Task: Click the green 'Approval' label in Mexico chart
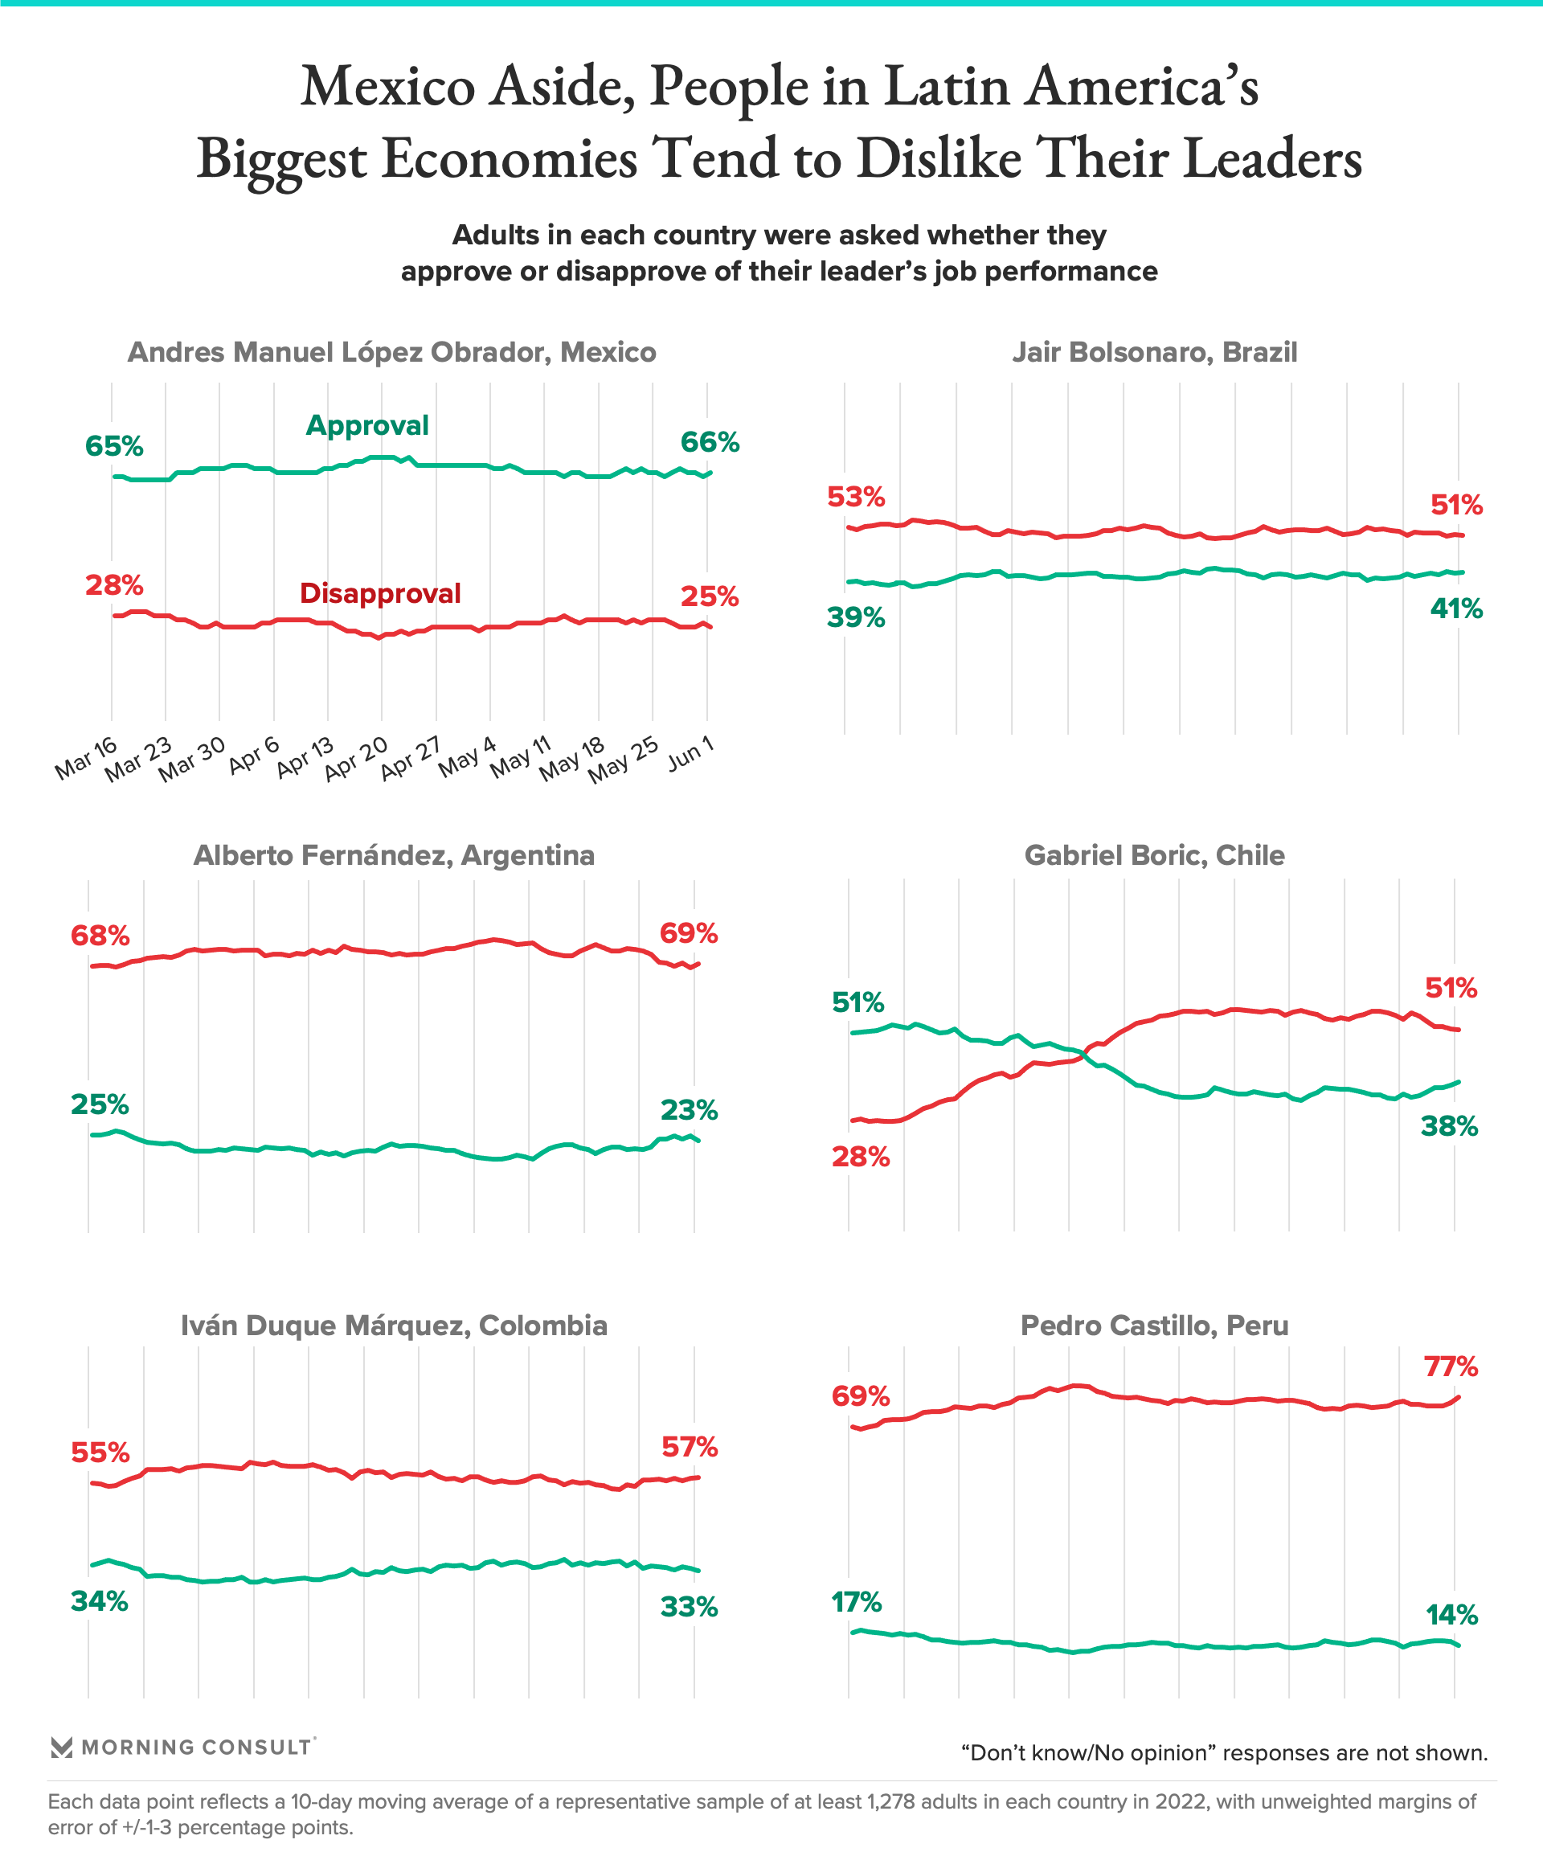[x=366, y=425]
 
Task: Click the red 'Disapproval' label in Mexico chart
[x=380, y=593]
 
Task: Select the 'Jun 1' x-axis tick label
[x=690, y=754]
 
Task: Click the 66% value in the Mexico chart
[x=709, y=442]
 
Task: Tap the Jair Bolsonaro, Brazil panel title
[x=1154, y=353]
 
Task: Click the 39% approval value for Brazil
[x=855, y=617]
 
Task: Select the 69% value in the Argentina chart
[x=688, y=933]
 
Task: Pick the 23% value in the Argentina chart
[x=688, y=1110]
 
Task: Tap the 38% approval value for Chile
[x=1449, y=1126]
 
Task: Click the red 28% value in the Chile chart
[x=861, y=1157]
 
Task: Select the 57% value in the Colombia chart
[x=689, y=1447]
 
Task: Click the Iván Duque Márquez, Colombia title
[x=394, y=1325]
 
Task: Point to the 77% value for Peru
[x=1451, y=1368]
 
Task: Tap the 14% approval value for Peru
[x=1451, y=1616]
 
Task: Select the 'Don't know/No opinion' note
[x=1224, y=1752]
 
